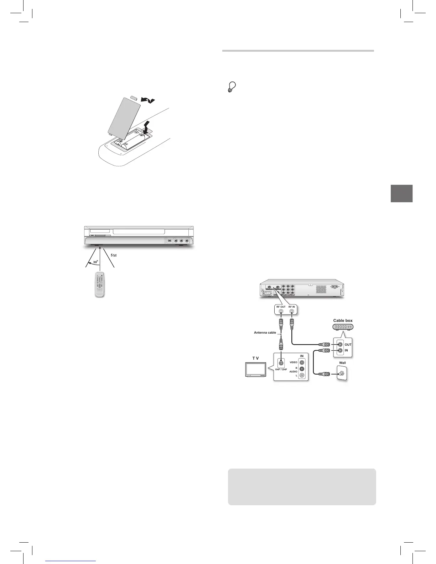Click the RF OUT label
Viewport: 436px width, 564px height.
(280, 307)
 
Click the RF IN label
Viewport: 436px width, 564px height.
(292, 307)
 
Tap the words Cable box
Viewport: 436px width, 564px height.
(343, 320)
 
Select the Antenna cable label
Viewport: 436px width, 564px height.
(265, 333)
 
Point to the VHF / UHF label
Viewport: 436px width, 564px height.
(281, 370)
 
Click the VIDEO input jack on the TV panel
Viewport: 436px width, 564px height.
(302, 362)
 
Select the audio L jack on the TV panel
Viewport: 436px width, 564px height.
(302, 375)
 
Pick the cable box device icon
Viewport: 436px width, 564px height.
(343, 327)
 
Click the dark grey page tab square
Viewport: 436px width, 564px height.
(401, 193)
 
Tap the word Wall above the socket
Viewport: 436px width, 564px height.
(342, 363)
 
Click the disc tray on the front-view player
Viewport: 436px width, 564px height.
(139, 232)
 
